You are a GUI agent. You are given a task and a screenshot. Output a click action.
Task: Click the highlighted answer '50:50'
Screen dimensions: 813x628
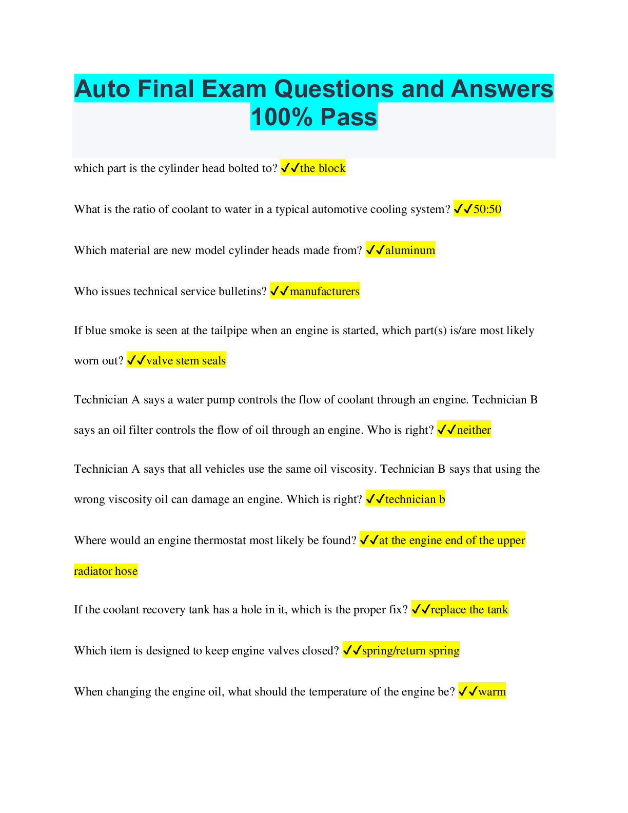coord(487,209)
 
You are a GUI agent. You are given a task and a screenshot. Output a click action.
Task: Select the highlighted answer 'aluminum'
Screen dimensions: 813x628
coord(410,250)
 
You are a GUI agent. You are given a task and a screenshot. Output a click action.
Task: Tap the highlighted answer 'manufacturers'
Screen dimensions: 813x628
coord(324,292)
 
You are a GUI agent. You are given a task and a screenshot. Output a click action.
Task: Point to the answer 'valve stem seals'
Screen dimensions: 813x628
coord(186,361)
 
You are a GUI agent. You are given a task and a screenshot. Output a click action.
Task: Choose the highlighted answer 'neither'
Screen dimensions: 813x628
coord(474,430)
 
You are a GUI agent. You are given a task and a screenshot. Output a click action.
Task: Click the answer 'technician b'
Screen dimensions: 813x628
coord(415,499)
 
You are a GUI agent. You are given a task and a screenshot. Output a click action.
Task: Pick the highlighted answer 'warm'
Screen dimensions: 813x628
coord(492,692)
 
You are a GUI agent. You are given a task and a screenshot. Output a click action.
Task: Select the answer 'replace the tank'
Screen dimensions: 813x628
coord(469,610)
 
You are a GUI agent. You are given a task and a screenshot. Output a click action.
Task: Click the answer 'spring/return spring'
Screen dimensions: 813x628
coord(410,651)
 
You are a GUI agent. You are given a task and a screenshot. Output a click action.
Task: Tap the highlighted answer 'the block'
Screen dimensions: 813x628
coord(323,168)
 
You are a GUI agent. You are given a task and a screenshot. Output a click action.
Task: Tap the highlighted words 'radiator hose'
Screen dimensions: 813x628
coord(106,571)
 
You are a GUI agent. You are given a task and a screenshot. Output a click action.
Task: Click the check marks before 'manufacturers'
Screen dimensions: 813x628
coord(280,292)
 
